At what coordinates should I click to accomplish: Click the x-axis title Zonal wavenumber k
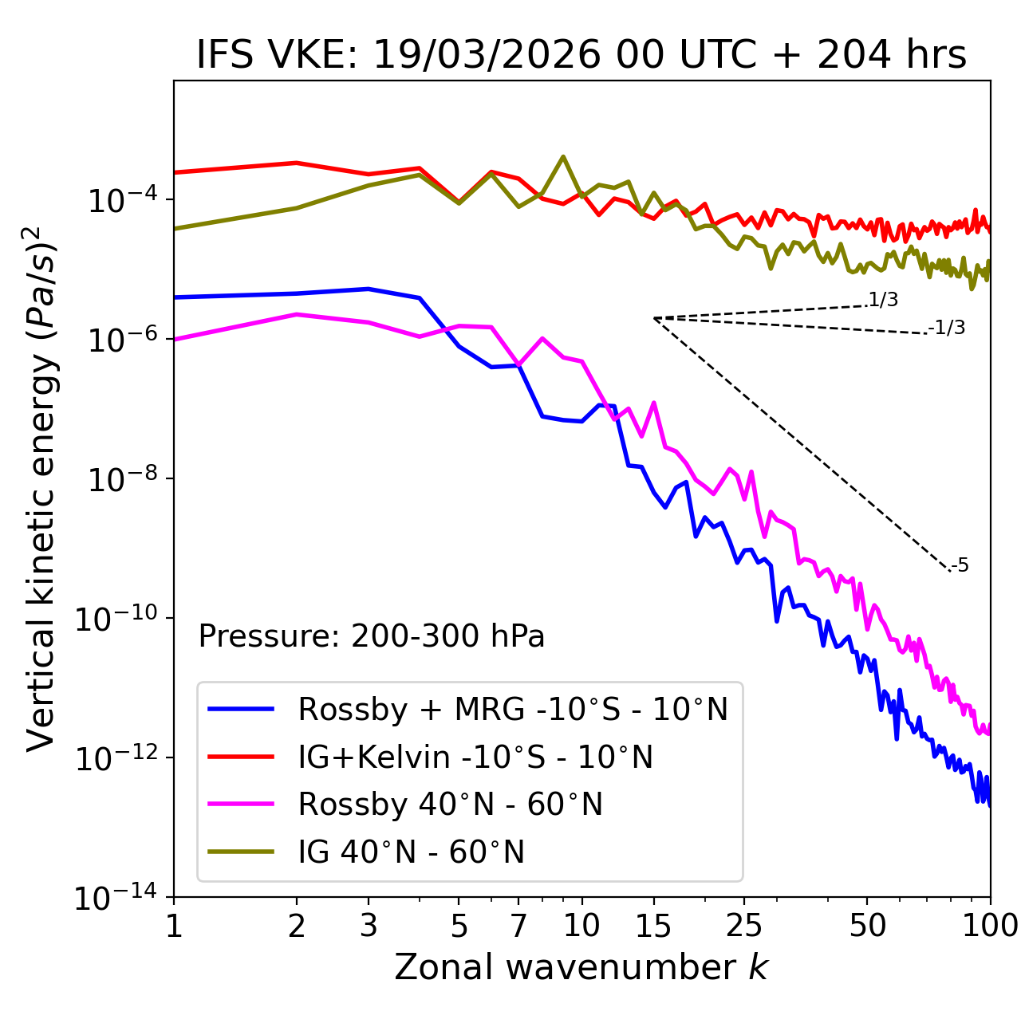tap(581, 967)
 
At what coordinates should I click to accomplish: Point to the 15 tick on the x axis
tap(653, 925)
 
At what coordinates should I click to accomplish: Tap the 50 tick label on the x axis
tap(867, 925)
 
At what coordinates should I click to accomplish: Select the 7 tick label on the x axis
tap(518, 925)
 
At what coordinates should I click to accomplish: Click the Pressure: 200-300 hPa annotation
tap(371, 636)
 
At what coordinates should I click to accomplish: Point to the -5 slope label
tap(960, 566)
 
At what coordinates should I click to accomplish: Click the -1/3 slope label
tap(948, 328)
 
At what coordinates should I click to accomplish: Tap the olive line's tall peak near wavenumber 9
tap(563, 156)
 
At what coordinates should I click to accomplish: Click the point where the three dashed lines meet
tap(654, 318)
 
